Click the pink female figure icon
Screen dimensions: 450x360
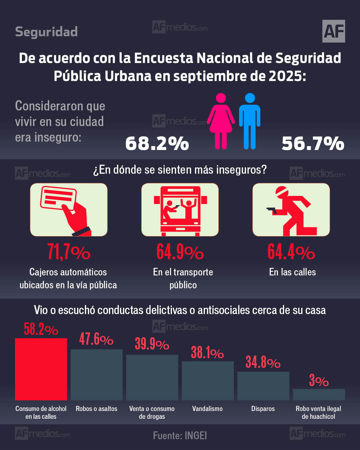221,121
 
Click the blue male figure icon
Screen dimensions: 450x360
250,121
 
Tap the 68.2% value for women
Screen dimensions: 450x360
157,143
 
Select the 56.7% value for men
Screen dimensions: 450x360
313,143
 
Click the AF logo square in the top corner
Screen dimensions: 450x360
334,31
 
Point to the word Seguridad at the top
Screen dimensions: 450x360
46,32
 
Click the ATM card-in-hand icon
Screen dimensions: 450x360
69,210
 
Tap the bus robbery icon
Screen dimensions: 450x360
180,210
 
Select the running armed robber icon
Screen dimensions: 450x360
291,210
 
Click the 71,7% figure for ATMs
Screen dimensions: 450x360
69,252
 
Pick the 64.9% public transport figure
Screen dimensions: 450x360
180,252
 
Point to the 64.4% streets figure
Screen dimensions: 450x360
291,252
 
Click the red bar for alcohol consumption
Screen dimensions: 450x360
41,369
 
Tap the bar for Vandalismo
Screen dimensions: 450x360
208,380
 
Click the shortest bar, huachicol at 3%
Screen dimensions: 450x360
319,394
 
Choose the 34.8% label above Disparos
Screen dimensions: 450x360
263,362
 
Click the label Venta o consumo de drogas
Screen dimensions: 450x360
152,412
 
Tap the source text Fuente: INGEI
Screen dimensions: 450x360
180,435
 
